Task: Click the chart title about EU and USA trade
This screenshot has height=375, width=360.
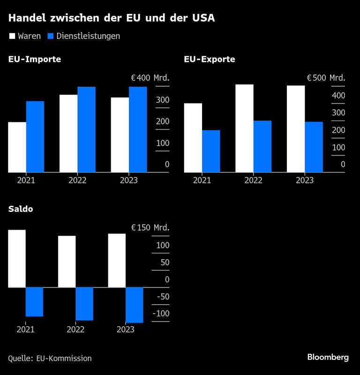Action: pyautogui.click(x=112, y=19)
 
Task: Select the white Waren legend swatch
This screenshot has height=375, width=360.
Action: pyautogui.click(x=12, y=36)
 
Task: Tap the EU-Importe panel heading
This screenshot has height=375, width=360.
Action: pyautogui.click(x=35, y=60)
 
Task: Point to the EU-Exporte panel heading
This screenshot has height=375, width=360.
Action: pyautogui.click(x=210, y=60)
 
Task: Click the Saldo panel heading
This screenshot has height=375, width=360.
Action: pyautogui.click(x=21, y=209)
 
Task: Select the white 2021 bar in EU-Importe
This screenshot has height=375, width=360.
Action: pyautogui.click(x=17, y=147)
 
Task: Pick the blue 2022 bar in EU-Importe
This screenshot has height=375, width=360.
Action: pyautogui.click(x=86, y=129)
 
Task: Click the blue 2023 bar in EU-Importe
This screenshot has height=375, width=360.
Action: pyautogui.click(x=138, y=129)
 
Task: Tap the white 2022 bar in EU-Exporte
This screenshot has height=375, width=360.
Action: pyautogui.click(x=244, y=128)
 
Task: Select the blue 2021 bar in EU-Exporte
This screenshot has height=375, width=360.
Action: pyautogui.click(x=211, y=151)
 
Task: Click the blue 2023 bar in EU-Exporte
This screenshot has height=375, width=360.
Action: pyautogui.click(x=314, y=147)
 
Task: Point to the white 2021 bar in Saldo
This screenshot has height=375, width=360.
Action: pyautogui.click(x=17, y=258)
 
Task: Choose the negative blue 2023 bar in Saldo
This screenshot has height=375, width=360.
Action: pyautogui.click(x=134, y=305)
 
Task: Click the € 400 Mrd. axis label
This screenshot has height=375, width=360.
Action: pyautogui.click(x=150, y=78)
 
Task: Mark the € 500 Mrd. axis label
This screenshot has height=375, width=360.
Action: pyautogui.click(x=326, y=78)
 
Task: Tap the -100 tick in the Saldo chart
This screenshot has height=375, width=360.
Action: pyautogui.click(x=161, y=314)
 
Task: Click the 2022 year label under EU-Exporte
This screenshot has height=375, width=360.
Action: pyautogui.click(x=253, y=180)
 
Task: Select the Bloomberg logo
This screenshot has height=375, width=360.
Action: pyautogui.click(x=328, y=357)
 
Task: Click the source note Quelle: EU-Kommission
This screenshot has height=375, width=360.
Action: pyautogui.click(x=50, y=358)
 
